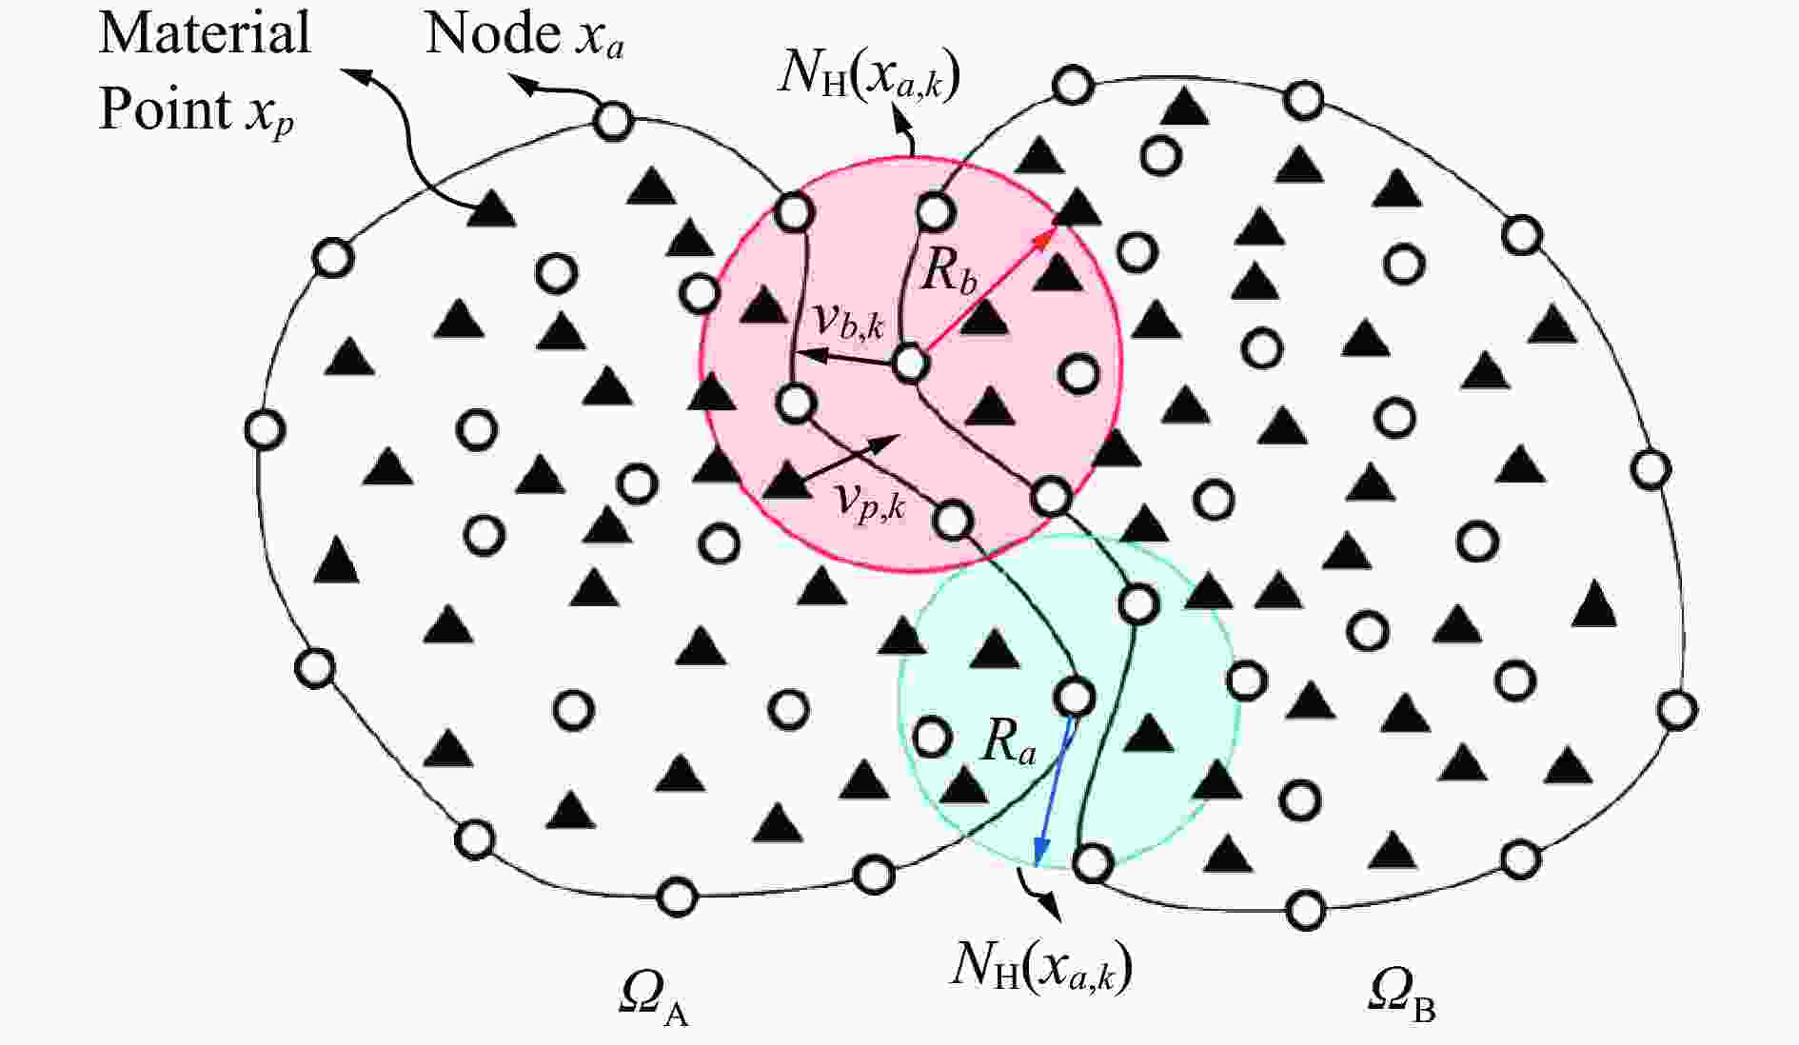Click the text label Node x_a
coord(524,35)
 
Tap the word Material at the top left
coord(205,32)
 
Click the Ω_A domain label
coord(653,998)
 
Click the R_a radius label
coord(1008,739)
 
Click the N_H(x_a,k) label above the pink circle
coord(868,70)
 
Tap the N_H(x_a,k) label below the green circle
coord(1042,967)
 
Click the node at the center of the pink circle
coord(910,363)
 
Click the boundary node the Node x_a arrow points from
coord(613,121)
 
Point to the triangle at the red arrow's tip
coord(1076,207)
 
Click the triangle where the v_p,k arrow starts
coord(787,481)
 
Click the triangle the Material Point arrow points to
coord(491,208)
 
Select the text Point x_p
coord(196,109)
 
